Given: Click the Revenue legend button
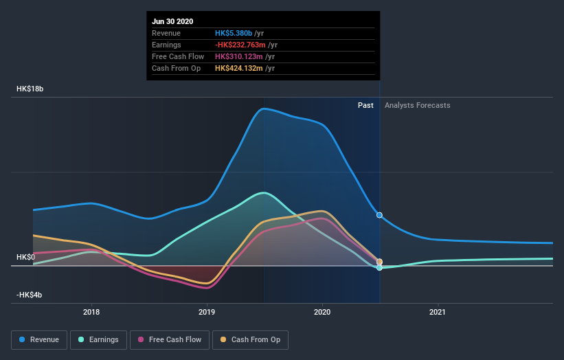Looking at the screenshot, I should [40, 339].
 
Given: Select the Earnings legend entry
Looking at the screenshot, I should [98, 339].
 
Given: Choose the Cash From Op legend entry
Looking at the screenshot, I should [251, 339].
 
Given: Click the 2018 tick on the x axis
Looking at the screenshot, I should [91, 312].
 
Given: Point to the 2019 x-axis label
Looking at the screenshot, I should [207, 312].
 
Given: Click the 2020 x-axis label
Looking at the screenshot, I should [322, 312].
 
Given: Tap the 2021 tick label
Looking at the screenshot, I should [438, 312].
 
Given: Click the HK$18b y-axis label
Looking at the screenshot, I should [31, 89].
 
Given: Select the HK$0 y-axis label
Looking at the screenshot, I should [26, 257].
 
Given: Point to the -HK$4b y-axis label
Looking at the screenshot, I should [31, 295].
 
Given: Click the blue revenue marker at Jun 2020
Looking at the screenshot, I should [379, 215].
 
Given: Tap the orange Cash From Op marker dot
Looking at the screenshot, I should [379, 262].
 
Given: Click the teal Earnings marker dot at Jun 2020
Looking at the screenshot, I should [379, 267].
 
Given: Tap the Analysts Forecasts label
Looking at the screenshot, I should [417, 105].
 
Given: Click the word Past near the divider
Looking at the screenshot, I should [365, 105].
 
